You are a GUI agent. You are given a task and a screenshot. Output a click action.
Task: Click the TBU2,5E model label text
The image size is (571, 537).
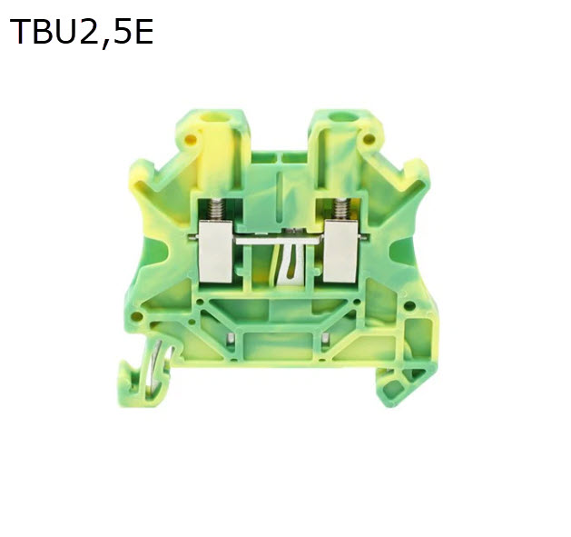81,32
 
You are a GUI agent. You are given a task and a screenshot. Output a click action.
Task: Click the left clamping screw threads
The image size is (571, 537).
215,210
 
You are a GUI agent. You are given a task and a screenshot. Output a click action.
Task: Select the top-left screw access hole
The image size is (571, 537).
214,118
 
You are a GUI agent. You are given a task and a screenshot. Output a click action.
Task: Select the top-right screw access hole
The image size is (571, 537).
342,117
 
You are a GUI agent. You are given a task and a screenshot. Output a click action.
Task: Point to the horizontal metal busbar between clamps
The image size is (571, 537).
279,240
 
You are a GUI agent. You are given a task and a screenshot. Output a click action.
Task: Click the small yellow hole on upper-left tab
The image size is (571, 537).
191,139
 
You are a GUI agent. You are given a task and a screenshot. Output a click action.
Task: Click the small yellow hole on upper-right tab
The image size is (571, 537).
369,138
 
